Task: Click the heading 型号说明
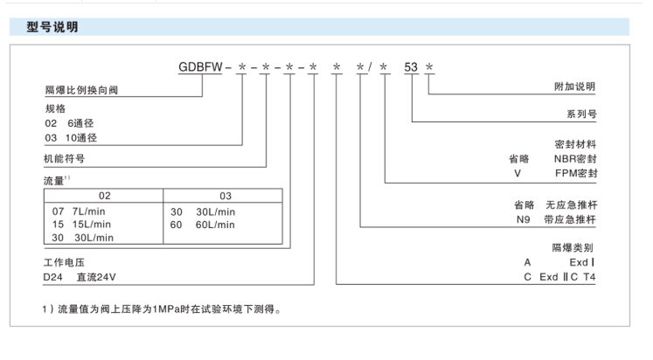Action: pyautogui.click(x=52, y=28)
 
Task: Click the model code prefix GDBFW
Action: pyautogui.click(x=200, y=67)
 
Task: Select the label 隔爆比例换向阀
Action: pyautogui.click(x=66, y=90)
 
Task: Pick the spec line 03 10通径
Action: pyautogui.click(x=63, y=138)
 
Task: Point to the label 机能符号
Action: pyautogui.click(x=52, y=160)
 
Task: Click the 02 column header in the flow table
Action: pyautogui.click(x=104, y=197)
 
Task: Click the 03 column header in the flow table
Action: pyautogui.click(x=226, y=197)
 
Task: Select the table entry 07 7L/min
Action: pyautogui.click(x=80, y=211)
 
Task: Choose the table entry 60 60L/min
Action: pyautogui.click(x=203, y=224)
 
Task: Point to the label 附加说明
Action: pyautogui.click(x=575, y=87)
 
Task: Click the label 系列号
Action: pyautogui.click(x=580, y=114)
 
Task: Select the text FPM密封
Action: pyautogui.click(x=575, y=173)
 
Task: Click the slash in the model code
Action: pyautogui.click(x=372, y=67)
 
